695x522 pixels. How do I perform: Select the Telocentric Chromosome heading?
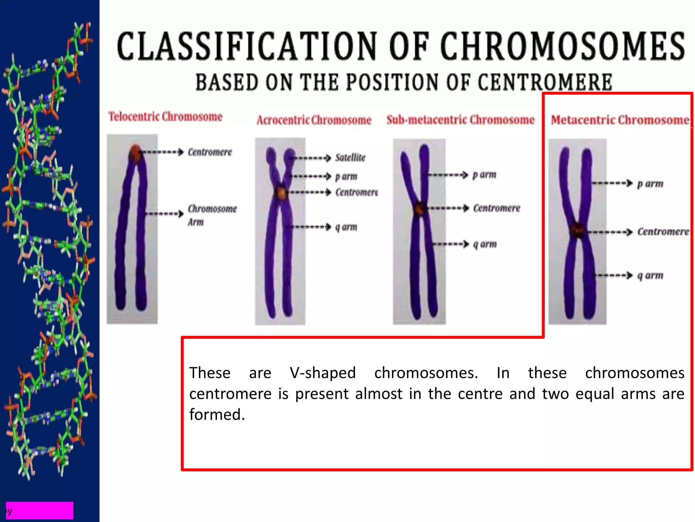click(x=165, y=117)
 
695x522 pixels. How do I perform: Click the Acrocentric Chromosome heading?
click(x=314, y=120)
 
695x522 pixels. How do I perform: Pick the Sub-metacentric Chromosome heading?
click(x=461, y=120)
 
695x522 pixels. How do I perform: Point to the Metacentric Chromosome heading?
click(x=620, y=120)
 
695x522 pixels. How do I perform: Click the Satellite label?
click(x=350, y=158)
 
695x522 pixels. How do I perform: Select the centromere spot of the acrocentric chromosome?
click(x=281, y=193)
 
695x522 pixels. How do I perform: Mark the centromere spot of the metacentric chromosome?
click(x=577, y=230)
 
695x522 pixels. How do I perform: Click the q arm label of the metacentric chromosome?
click(x=650, y=275)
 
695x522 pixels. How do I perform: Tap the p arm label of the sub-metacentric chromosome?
click(x=484, y=175)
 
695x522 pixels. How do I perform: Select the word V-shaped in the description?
click(x=322, y=373)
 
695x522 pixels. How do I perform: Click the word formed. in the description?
click(x=217, y=415)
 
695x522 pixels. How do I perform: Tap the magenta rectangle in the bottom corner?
click(x=40, y=510)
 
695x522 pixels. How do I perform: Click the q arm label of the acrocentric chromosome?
click(x=346, y=227)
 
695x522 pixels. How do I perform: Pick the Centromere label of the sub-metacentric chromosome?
click(x=496, y=208)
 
